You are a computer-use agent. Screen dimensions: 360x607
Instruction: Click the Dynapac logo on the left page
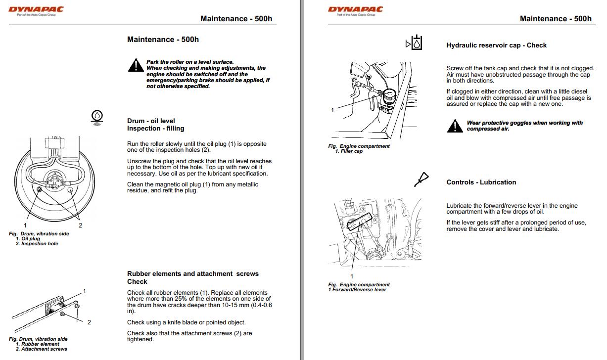[36, 9]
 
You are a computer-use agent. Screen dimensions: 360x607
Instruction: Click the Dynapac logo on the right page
[355, 9]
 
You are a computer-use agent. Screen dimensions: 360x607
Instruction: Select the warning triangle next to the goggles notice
[455, 126]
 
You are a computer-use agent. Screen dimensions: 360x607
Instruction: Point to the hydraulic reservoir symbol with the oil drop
[415, 44]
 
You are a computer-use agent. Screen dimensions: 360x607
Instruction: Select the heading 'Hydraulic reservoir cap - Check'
[496, 45]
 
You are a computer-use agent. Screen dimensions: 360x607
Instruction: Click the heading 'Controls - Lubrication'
[481, 182]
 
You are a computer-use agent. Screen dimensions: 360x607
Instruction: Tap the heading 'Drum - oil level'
[151, 121]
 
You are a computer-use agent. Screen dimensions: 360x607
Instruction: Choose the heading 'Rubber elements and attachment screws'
[192, 273]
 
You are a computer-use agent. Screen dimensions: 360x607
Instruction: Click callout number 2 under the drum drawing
[81, 225]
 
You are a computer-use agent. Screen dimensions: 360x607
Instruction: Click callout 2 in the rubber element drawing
[89, 322]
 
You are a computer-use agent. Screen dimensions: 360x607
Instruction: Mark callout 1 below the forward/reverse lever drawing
[352, 276]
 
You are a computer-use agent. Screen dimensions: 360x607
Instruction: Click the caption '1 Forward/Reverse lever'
[357, 290]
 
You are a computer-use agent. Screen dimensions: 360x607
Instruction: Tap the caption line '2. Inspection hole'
[37, 244]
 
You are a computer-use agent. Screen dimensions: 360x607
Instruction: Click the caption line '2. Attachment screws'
[42, 349]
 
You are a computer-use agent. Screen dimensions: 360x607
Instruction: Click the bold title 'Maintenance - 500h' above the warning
[163, 40]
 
